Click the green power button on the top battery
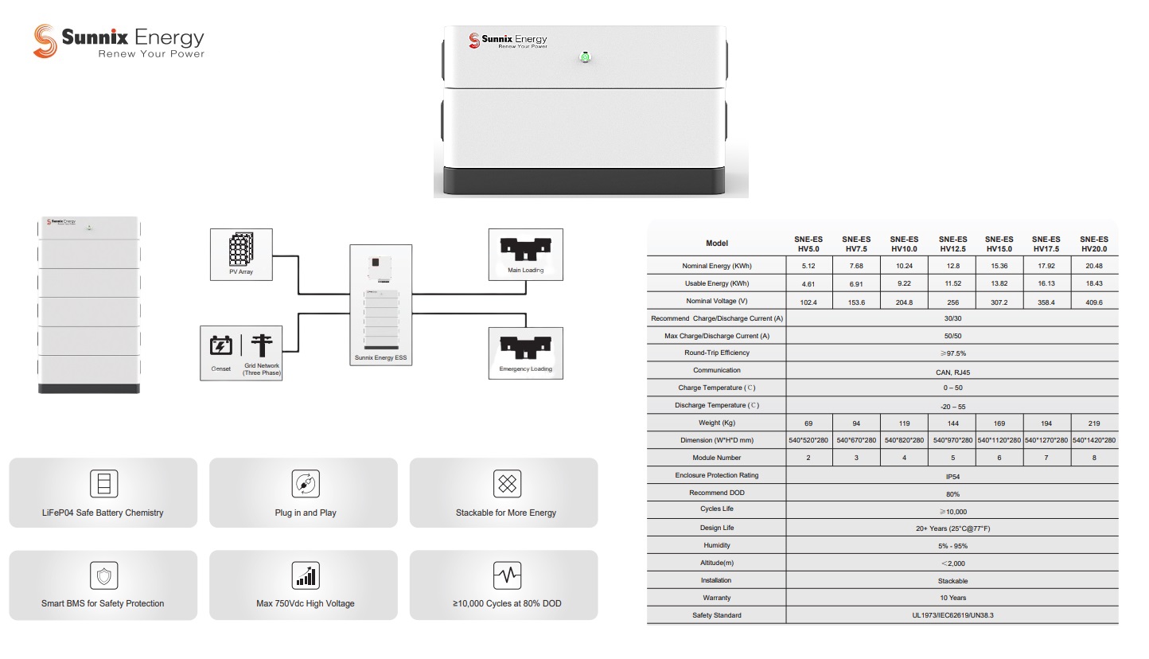tap(585, 57)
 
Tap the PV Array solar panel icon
tap(241, 250)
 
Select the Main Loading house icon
tap(525, 248)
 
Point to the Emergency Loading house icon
tap(525, 347)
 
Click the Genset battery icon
tap(221, 345)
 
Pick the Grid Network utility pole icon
tap(261, 345)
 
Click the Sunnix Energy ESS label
tap(380, 358)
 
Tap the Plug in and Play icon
tap(306, 483)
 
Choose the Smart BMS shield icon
tap(103, 575)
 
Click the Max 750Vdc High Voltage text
tap(306, 603)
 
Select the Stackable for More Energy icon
tap(506, 483)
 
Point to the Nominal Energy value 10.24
tap(904, 266)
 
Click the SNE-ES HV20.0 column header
tap(1093, 244)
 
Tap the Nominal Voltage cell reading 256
tap(952, 302)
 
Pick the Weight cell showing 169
tap(999, 423)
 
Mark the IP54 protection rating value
tap(952, 476)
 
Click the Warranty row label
tap(716, 598)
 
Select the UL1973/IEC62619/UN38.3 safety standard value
tap(952, 615)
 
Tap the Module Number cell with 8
tap(1093, 458)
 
